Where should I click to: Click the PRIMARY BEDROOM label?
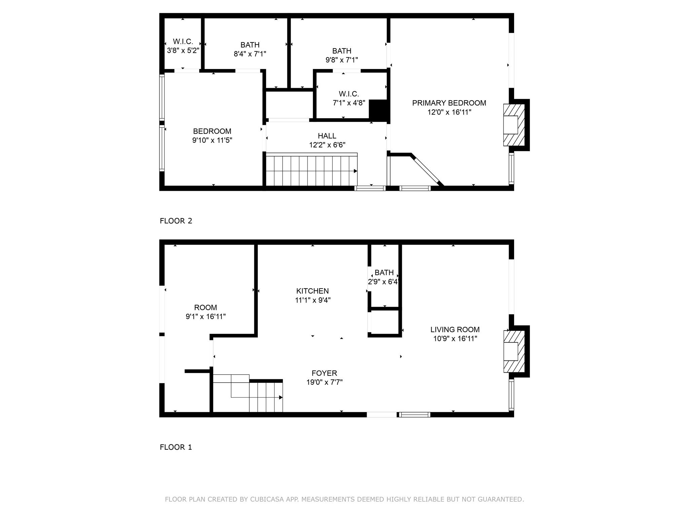click(x=449, y=103)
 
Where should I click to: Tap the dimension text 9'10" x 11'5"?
click(x=212, y=140)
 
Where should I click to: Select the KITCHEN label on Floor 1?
click(x=312, y=291)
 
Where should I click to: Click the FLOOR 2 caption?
click(x=176, y=221)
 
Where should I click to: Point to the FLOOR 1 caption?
click(x=176, y=447)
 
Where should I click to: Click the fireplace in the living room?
click(x=514, y=351)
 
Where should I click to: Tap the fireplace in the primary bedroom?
click(x=514, y=125)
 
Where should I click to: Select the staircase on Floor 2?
click(x=311, y=170)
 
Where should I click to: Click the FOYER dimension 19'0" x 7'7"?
click(x=324, y=382)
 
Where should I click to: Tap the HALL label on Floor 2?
click(x=327, y=136)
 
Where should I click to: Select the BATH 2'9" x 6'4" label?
click(x=384, y=273)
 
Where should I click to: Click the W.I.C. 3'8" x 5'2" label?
click(x=183, y=42)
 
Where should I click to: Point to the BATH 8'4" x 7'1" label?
click(x=250, y=45)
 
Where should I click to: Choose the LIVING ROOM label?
click(x=455, y=330)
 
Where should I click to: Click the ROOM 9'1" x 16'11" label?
click(x=206, y=308)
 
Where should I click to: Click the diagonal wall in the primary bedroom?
click(x=427, y=170)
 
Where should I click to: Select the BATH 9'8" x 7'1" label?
click(x=342, y=51)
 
